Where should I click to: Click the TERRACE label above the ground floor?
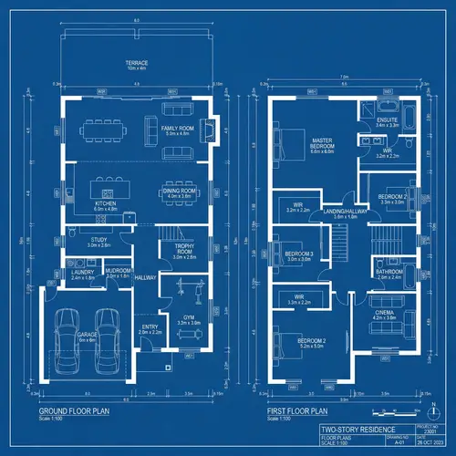[136, 64]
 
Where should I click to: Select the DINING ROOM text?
[179, 192]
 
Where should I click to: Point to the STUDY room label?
[98, 242]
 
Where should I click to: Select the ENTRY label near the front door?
[150, 329]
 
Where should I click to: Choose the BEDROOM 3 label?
[299, 254]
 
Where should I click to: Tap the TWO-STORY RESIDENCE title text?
[352, 430]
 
